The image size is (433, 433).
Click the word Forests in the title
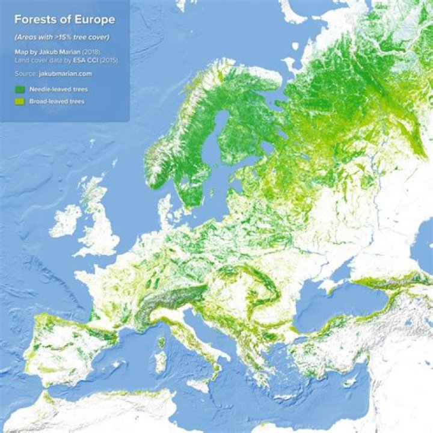click(36, 20)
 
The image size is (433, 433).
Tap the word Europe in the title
click(94, 20)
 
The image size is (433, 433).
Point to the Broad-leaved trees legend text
click(57, 102)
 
